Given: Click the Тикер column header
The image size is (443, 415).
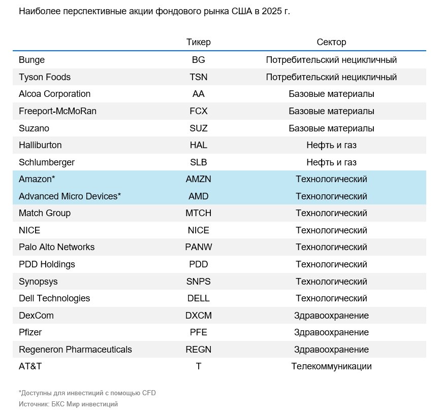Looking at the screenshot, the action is tap(198, 42).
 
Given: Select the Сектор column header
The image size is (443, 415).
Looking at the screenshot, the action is tap(331, 42).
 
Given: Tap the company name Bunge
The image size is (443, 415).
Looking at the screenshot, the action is tap(31, 60).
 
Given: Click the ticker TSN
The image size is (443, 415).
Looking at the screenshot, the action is tap(198, 77).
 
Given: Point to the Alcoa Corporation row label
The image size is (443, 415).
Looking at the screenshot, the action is tap(54, 94).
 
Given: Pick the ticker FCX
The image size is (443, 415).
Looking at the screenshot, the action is tap(198, 111).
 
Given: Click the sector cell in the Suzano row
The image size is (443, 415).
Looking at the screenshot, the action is tap(331, 128).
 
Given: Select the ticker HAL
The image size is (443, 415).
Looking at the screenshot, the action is tap(198, 145).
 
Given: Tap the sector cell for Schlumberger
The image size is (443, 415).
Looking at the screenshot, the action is tap(331, 162).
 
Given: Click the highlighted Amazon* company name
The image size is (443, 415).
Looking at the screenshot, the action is tap(37, 179).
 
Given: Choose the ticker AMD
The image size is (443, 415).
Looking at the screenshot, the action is tap(198, 196).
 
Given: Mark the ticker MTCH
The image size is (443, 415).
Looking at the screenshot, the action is tap(198, 213).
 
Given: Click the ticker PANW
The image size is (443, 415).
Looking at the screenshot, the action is tap(198, 247).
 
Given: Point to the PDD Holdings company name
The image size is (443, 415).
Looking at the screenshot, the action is tap(47, 264).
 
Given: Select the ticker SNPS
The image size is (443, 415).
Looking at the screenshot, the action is tap(198, 282).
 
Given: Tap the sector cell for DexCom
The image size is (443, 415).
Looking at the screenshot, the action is tap(331, 316).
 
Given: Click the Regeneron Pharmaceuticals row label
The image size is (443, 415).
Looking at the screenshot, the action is tap(75, 350).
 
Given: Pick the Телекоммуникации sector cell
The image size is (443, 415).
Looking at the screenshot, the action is tap(331, 366).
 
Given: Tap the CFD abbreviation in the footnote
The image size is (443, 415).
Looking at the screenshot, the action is tap(149, 393).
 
